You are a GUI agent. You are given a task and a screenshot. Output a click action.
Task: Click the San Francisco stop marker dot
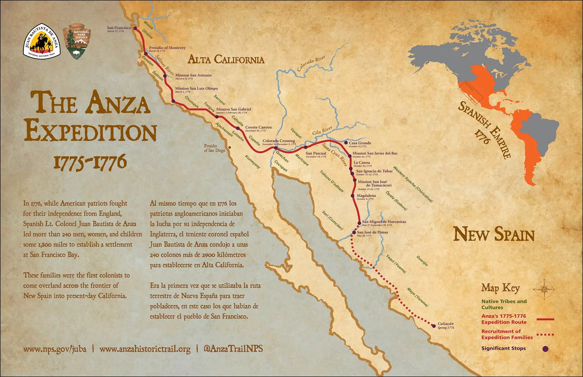135,28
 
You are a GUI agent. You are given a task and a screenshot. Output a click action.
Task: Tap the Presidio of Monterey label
167,48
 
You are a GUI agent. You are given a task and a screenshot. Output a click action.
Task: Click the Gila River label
322,131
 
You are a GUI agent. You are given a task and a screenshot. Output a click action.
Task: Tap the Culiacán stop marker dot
434,326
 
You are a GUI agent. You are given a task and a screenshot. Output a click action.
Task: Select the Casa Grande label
360,143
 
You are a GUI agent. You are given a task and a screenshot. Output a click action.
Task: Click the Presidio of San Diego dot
230,148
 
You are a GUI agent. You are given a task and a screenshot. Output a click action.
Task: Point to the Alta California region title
226,60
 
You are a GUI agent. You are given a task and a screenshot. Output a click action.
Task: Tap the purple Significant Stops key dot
545,349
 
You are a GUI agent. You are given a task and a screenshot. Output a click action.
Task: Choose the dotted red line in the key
545,335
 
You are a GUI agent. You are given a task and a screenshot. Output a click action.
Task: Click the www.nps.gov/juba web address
55,349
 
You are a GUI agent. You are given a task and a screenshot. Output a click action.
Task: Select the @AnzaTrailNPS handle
233,349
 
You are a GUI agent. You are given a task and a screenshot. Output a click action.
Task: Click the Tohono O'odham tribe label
332,181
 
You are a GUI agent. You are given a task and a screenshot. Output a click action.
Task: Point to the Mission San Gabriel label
234,109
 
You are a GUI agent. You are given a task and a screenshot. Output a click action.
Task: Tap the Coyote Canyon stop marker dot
238,129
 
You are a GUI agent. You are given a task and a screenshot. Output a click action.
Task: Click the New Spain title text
494,235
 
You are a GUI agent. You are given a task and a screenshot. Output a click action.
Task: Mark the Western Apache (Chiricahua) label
413,184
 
